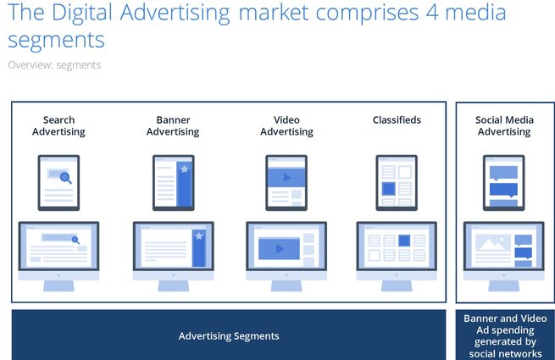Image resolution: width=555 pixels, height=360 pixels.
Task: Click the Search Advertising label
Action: tap(58, 125)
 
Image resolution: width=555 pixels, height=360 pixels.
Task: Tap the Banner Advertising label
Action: tap(173, 125)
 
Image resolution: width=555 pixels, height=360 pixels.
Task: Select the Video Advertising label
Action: tap(286, 125)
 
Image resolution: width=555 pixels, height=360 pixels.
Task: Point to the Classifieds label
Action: tap(397, 120)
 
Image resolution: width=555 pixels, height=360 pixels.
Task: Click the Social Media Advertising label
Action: tap(504, 125)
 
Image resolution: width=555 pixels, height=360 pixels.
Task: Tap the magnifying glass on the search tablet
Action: tap(66, 177)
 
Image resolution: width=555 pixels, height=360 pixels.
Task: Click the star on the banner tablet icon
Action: tap(185, 169)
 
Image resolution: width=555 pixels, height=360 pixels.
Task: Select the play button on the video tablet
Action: tap(287, 177)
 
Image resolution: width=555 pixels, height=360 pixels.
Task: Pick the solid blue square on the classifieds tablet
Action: tap(388, 189)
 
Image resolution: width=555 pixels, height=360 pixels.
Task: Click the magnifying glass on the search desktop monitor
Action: tap(75, 241)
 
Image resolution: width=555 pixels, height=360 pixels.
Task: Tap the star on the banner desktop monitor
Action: tap(199, 235)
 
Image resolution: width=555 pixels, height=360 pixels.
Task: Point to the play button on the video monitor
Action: tap(280, 249)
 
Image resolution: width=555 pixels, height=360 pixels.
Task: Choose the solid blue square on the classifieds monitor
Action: tap(404, 241)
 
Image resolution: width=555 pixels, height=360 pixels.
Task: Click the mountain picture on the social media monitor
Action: tap(493, 242)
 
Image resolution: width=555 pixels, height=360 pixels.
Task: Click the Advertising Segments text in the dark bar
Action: tap(229, 336)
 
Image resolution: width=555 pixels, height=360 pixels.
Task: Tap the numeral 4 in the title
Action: tap(432, 13)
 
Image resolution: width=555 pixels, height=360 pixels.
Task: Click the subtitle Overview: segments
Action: tap(54, 65)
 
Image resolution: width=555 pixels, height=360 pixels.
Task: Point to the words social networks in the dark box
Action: tap(505, 353)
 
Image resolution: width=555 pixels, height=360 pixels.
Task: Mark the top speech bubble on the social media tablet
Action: tap(503, 173)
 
